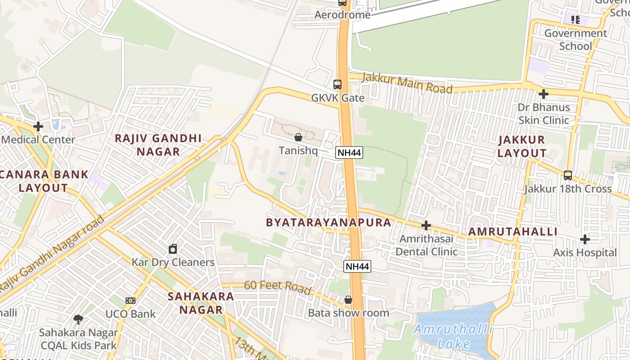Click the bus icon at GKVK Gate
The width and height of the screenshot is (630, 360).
[337, 84]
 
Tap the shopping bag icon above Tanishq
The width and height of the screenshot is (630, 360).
[298, 137]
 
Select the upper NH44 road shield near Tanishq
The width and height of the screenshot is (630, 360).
[349, 153]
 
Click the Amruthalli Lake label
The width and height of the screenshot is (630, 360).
[453, 337]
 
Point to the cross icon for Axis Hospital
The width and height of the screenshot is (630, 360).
[585, 239]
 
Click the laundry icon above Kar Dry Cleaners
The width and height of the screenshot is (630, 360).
[173, 249]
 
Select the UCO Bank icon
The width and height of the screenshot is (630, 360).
[130, 300]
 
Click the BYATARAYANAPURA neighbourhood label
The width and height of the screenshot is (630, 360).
[328, 223]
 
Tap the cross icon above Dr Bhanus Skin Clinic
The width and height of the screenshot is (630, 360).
[544, 94]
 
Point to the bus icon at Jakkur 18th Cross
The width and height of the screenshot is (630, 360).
[568, 175]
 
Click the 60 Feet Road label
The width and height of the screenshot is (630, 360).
[278, 287]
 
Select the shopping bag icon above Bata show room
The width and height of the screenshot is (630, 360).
[348, 299]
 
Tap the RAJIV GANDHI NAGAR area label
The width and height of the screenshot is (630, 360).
[158, 145]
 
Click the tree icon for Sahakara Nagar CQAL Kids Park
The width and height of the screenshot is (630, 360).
[78, 319]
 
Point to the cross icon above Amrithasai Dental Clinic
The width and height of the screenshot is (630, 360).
[426, 225]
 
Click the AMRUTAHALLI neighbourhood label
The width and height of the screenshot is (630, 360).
[513, 232]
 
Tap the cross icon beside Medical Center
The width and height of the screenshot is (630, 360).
[38, 126]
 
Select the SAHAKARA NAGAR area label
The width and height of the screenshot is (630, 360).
[201, 303]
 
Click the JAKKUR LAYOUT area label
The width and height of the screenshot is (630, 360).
[522, 146]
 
